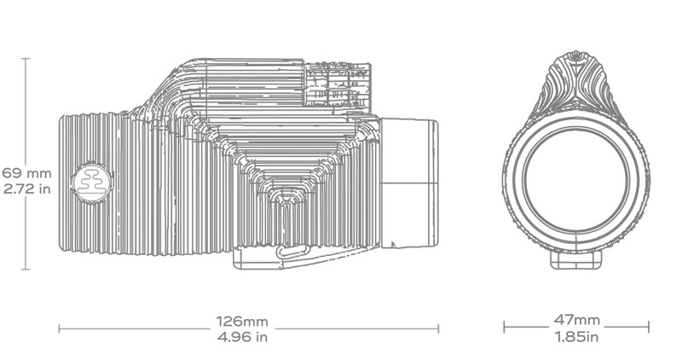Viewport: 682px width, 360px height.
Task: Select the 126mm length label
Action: click(x=243, y=322)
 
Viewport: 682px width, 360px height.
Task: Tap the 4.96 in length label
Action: click(x=243, y=337)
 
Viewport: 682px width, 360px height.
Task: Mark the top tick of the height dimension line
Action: click(x=26, y=59)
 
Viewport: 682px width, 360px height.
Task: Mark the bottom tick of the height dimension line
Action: click(x=26, y=270)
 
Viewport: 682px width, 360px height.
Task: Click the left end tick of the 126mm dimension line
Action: click(x=59, y=328)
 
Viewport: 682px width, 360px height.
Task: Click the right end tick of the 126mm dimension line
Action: click(x=438, y=328)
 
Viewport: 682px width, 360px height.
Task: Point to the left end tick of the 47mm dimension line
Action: click(x=504, y=328)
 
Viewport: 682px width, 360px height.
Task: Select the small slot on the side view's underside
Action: click(x=291, y=249)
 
